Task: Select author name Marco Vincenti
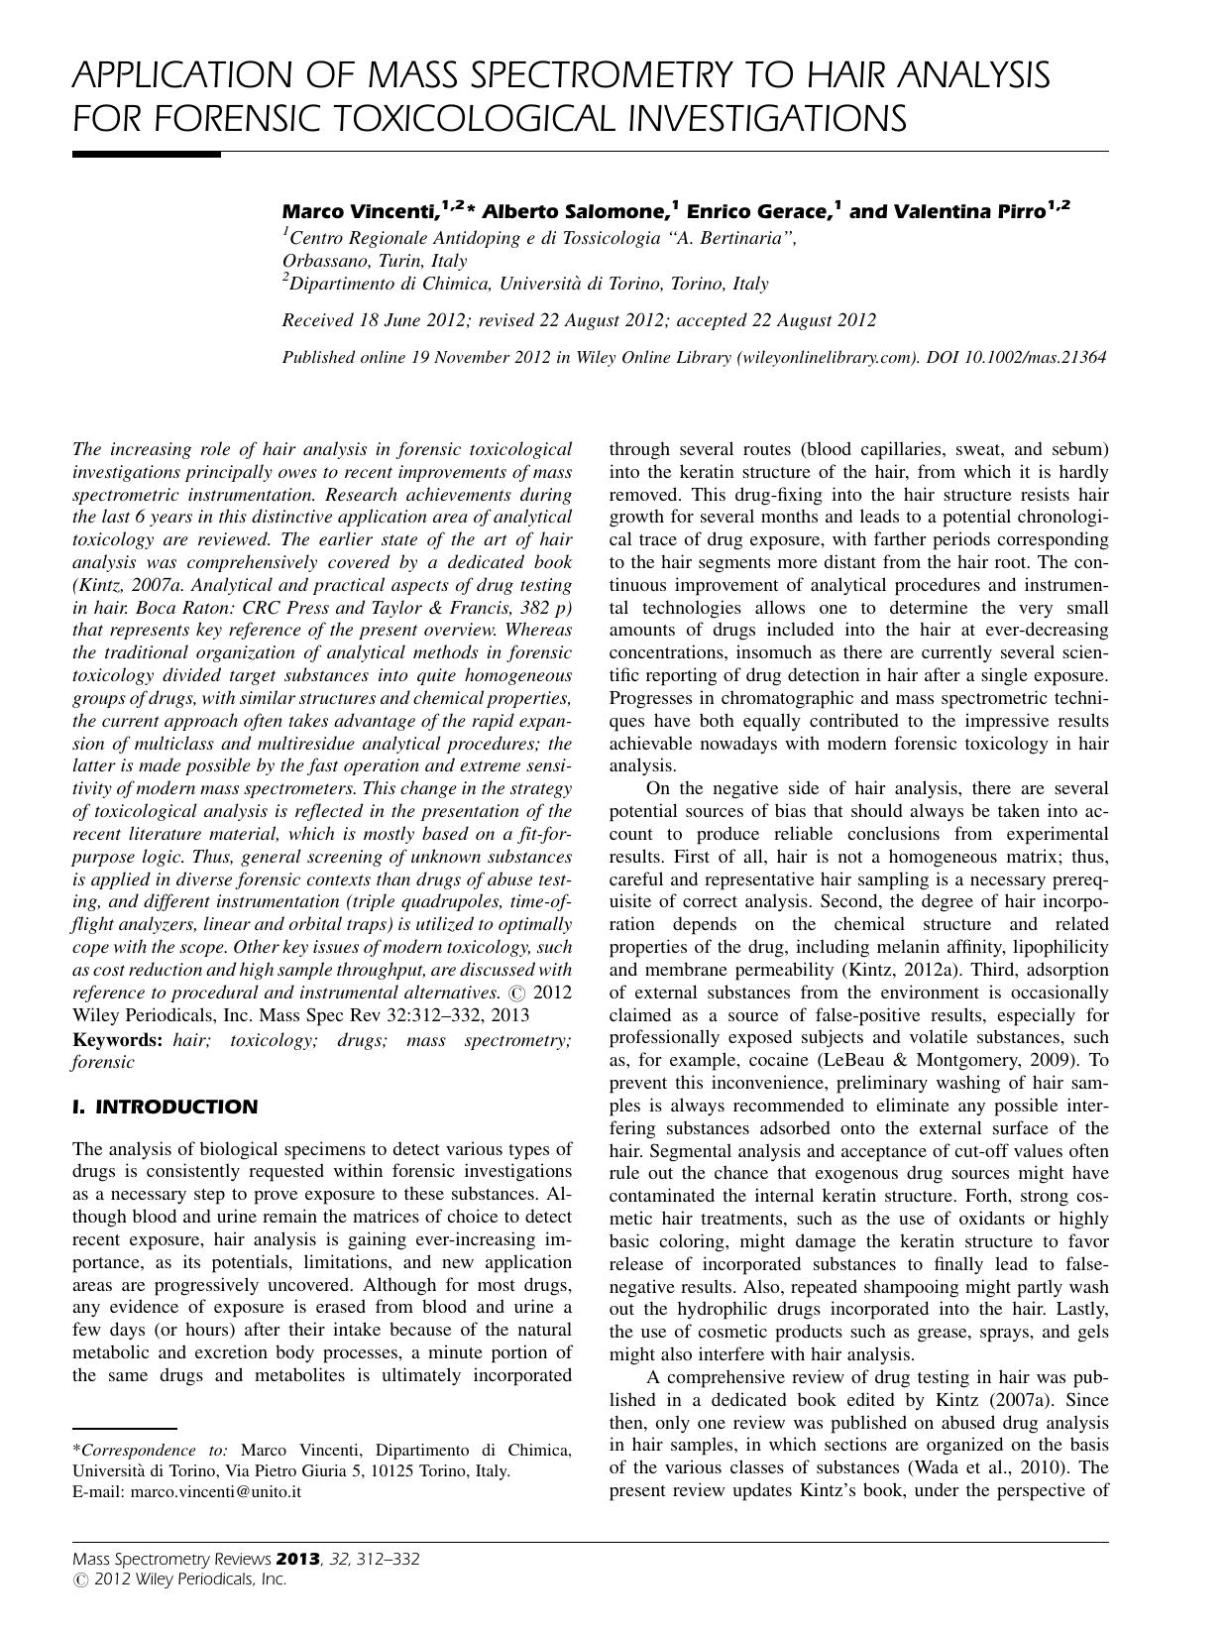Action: pos(360,211)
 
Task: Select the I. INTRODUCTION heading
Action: pos(165,1107)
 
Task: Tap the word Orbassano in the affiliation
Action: pos(323,261)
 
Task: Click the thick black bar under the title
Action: pos(146,155)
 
